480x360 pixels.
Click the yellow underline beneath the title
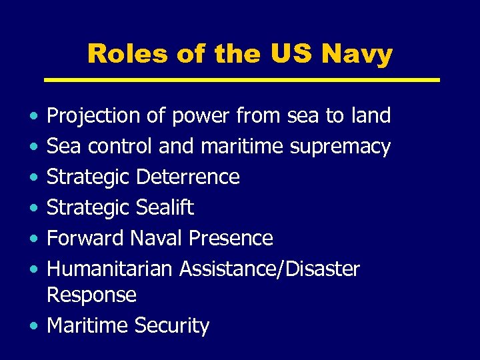(x=241, y=80)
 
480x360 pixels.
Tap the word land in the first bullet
(x=370, y=115)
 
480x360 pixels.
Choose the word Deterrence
(x=187, y=177)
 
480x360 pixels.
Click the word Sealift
(x=164, y=207)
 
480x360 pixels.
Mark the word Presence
(x=231, y=238)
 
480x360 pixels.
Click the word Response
(x=91, y=295)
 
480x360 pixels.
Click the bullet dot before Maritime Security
(x=33, y=326)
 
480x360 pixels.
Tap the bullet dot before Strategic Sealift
(x=33, y=208)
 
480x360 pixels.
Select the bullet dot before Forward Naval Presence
(x=33, y=239)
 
